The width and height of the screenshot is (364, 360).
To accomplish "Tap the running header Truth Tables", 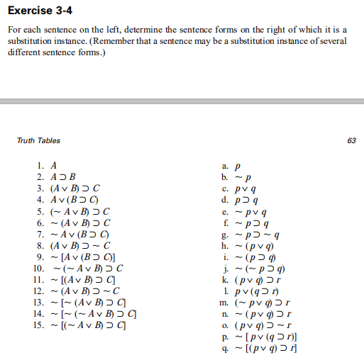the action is point(38,140).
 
